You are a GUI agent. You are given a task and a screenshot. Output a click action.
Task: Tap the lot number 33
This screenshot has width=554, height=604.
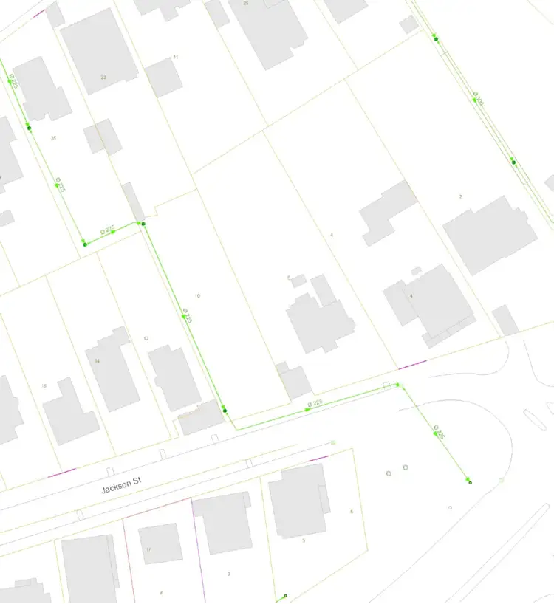[x=103, y=77]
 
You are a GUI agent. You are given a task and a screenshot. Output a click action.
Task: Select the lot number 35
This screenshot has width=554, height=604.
[x=53, y=138]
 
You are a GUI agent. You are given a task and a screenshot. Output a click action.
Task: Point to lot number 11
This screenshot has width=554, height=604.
[x=176, y=57]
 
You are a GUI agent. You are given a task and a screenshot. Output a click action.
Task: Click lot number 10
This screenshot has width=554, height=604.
[x=197, y=295]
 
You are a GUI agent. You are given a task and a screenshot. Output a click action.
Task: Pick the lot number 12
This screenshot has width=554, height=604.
[x=146, y=338]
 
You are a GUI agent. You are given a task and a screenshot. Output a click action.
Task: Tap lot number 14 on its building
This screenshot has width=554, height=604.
[x=98, y=360]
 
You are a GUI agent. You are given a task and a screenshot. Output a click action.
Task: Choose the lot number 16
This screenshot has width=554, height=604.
[x=44, y=385]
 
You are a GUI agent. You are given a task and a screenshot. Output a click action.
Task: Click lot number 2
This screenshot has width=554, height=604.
[x=460, y=196]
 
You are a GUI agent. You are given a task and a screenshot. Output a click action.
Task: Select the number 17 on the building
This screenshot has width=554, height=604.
[x=148, y=549]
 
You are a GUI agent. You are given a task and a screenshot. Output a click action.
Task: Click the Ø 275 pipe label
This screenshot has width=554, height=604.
[x=109, y=231]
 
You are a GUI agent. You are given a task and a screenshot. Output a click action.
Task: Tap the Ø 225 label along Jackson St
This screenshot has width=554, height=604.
[x=315, y=403]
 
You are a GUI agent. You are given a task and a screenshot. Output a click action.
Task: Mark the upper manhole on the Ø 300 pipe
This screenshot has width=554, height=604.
[x=436, y=38]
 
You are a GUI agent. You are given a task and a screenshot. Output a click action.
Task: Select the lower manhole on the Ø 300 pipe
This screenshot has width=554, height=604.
[x=513, y=162]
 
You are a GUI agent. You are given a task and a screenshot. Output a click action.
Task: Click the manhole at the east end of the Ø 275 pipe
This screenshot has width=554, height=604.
[x=143, y=224]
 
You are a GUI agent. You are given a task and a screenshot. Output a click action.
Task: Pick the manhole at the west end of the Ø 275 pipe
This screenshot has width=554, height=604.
[x=85, y=244]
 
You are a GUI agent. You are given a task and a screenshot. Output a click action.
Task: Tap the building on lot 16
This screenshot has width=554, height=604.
[x=70, y=413]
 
